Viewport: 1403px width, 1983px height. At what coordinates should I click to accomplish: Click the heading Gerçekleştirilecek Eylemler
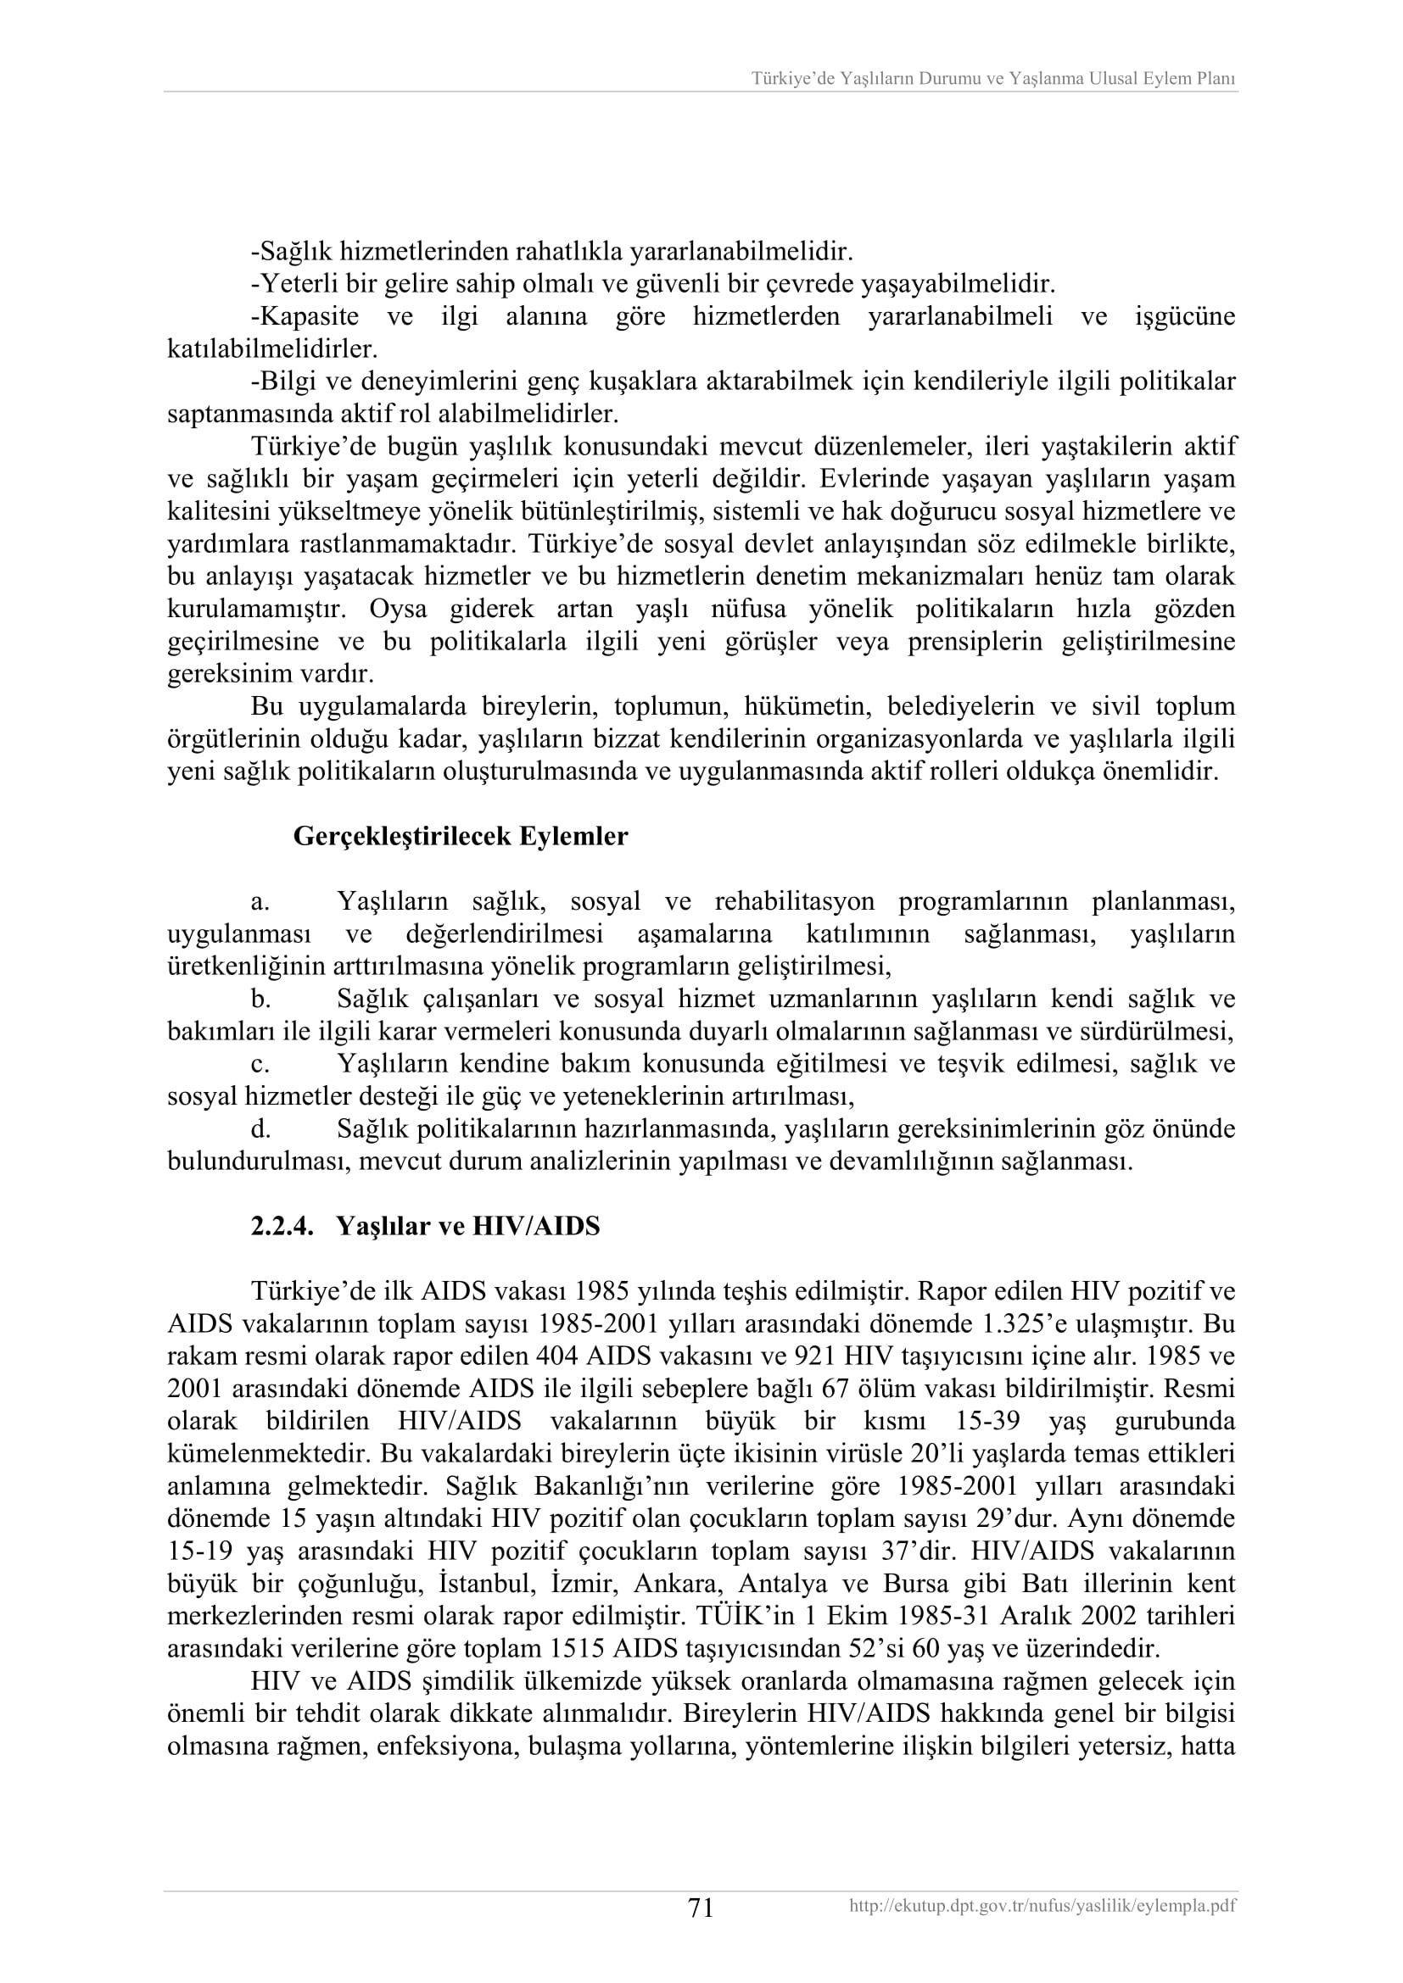[x=461, y=837]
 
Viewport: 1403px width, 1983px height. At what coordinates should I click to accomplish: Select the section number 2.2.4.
[x=282, y=1227]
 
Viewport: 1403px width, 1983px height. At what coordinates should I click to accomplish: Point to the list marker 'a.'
[x=260, y=903]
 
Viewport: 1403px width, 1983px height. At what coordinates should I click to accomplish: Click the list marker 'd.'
[x=261, y=1129]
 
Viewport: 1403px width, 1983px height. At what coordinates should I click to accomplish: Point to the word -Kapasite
[x=305, y=317]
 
